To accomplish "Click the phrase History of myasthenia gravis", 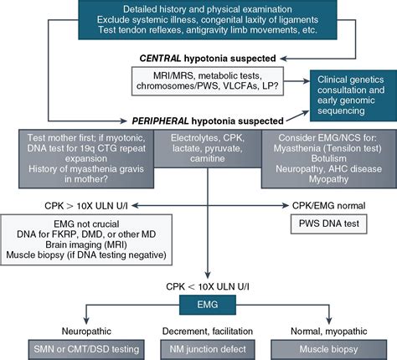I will point(66,167).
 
